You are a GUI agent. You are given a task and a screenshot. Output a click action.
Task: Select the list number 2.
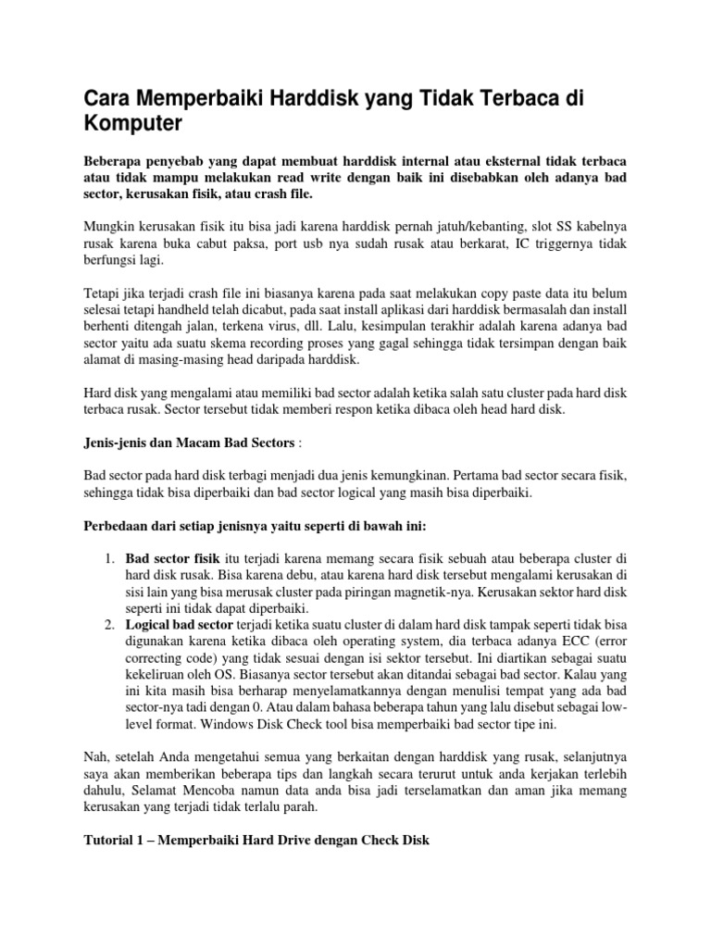108,628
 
